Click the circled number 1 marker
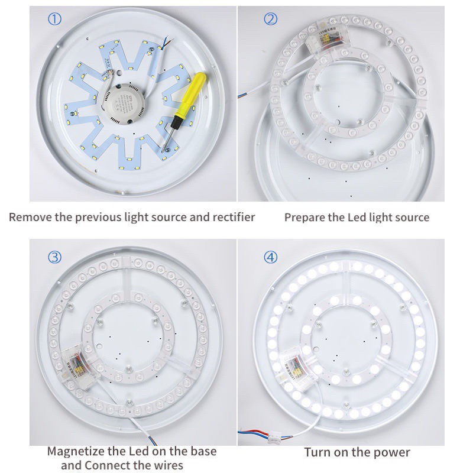(54, 20)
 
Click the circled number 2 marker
(270, 20)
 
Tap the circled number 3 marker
(54, 257)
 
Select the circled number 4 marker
(270, 257)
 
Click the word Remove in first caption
(30, 217)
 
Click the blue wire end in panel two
(241, 95)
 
